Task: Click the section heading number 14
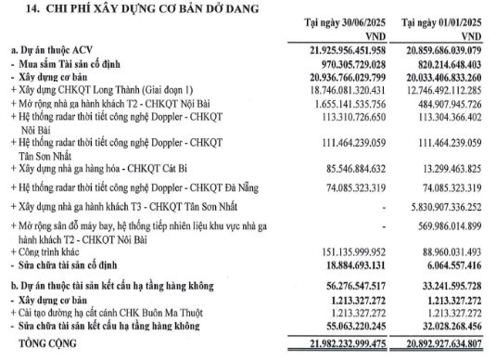(x=19, y=8)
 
